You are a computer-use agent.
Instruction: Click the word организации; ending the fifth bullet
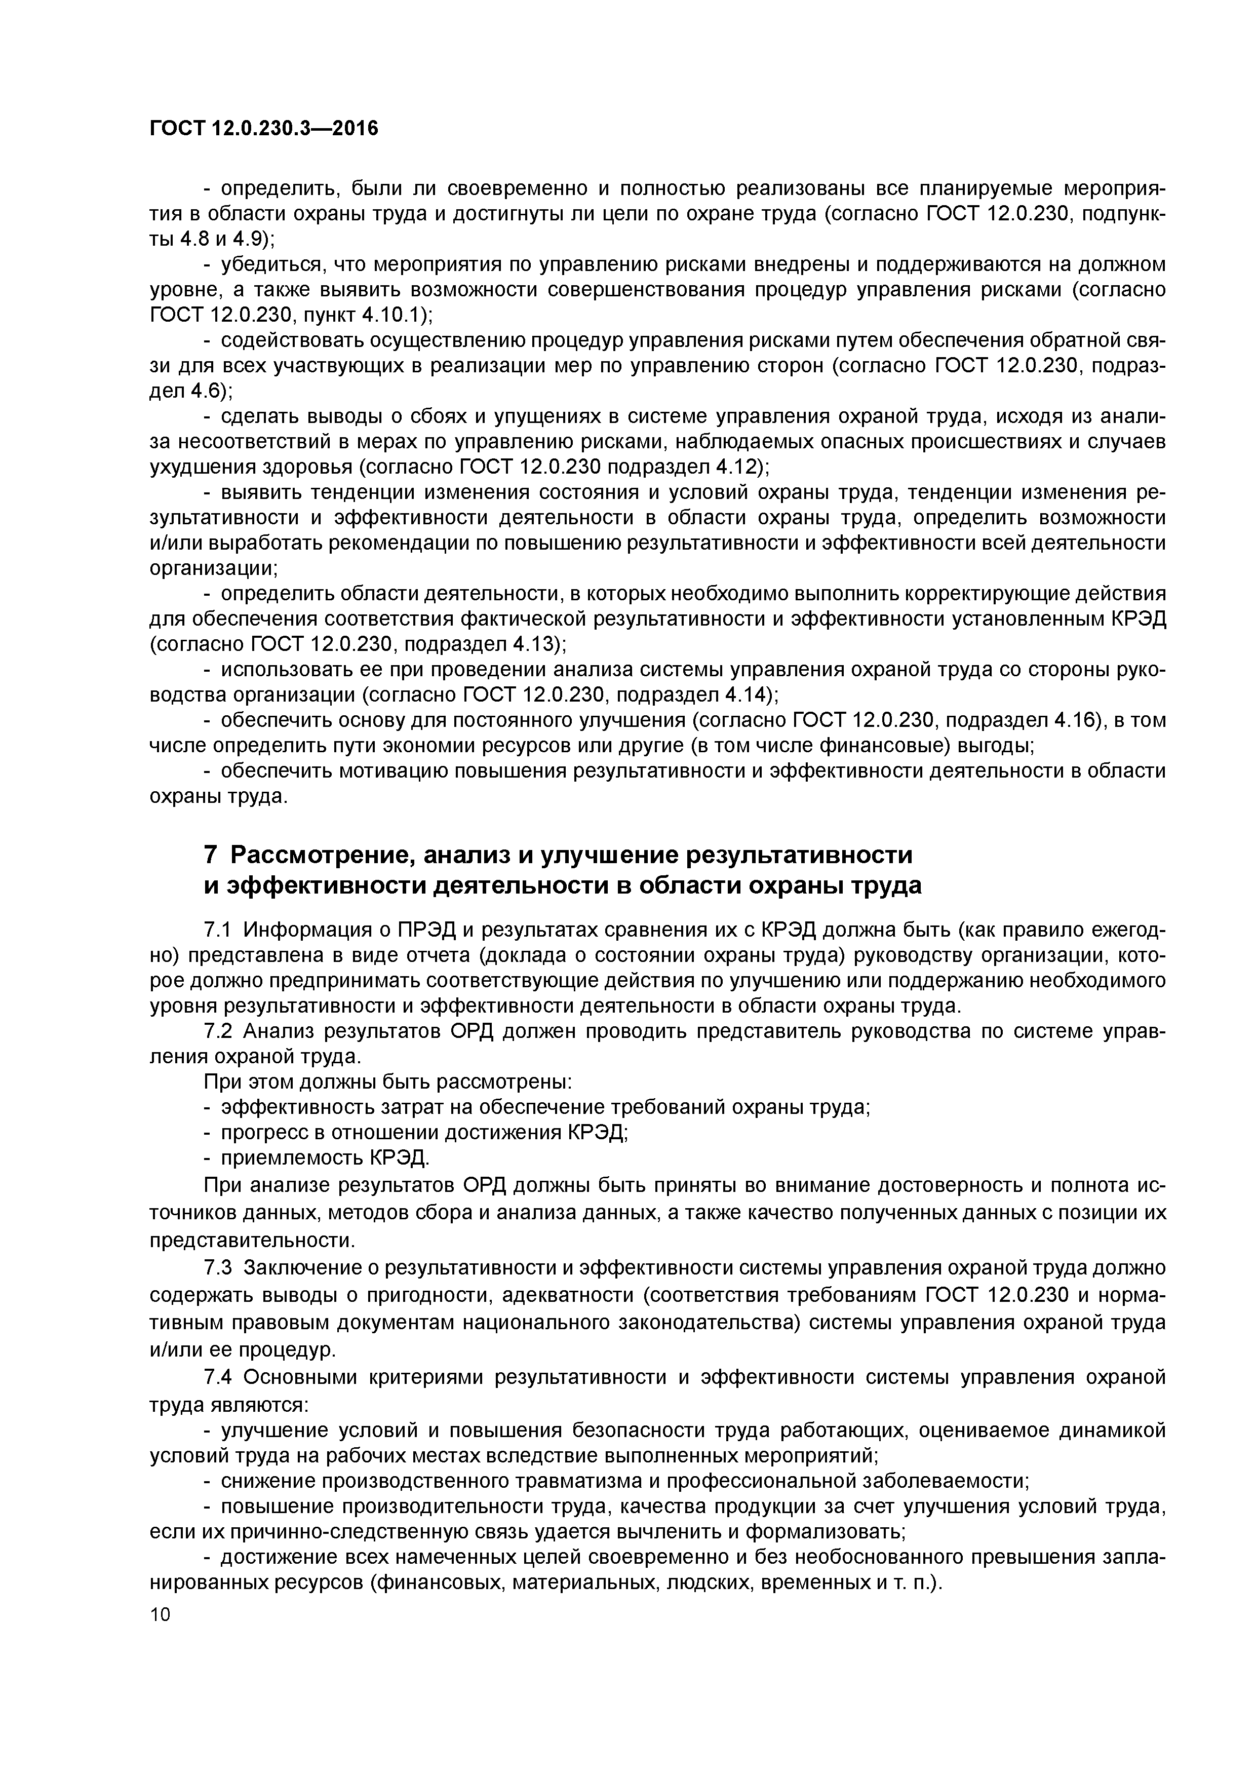tap(214, 568)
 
